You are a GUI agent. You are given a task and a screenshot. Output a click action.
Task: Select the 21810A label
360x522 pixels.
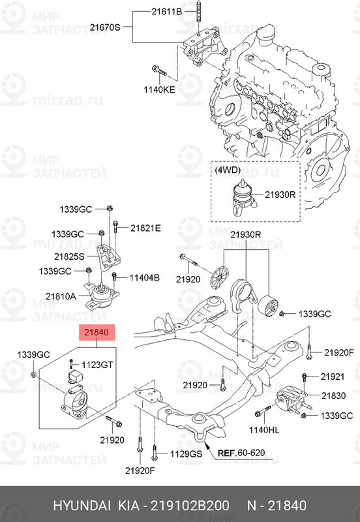tap(61, 296)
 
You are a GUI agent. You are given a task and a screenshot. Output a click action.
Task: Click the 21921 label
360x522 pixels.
tap(332, 377)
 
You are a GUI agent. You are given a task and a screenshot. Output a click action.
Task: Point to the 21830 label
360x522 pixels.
tap(333, 395)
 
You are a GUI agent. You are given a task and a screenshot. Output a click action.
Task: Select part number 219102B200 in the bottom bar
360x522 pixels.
tap(189, 506)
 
